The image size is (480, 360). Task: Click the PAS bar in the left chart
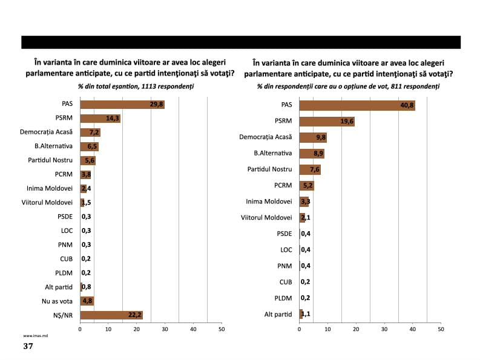click(x=122, y=104)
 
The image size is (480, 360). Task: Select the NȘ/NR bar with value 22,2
click(x=111, y=315)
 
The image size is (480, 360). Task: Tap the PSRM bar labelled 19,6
click(x=326, y=122)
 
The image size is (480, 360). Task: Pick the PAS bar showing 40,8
click(x=357, y=106)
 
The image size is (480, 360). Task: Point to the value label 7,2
click(x=94, y=133)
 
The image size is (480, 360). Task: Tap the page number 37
click(x=28, y=346)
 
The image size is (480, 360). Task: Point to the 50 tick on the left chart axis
click(x=222, y=329)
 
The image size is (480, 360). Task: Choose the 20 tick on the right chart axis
click(x=356, y=329)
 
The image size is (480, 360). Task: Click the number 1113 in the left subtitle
click(x=150, y=87)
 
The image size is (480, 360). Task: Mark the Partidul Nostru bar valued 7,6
click(x=309, y=169)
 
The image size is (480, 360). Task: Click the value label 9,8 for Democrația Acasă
click(x=320, y=138)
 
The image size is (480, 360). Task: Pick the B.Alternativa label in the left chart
click(x=53, y=146)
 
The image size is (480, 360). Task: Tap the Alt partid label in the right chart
click(x=278, y=313)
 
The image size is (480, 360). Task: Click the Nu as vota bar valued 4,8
click(x=87, y=301)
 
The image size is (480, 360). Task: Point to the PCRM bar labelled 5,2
click(x=306, y=186)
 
